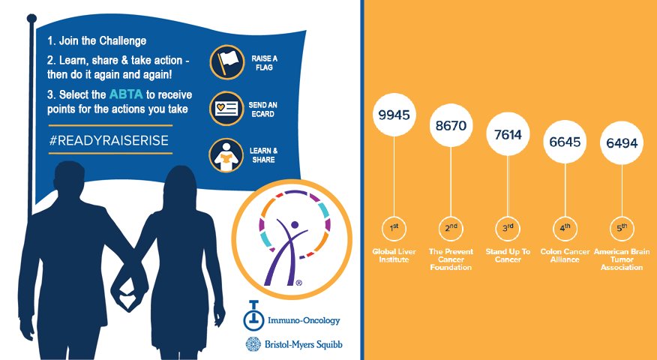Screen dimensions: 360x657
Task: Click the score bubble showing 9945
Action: point(395,115)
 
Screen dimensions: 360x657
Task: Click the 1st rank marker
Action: point(394,226)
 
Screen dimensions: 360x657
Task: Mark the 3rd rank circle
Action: point(508,226)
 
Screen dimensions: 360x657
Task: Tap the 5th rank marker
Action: point(622,226)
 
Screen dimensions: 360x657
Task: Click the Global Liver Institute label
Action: point(394,255)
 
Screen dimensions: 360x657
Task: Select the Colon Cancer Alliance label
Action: point(565,255)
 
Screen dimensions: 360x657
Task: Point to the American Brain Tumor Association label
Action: point(622,259)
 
